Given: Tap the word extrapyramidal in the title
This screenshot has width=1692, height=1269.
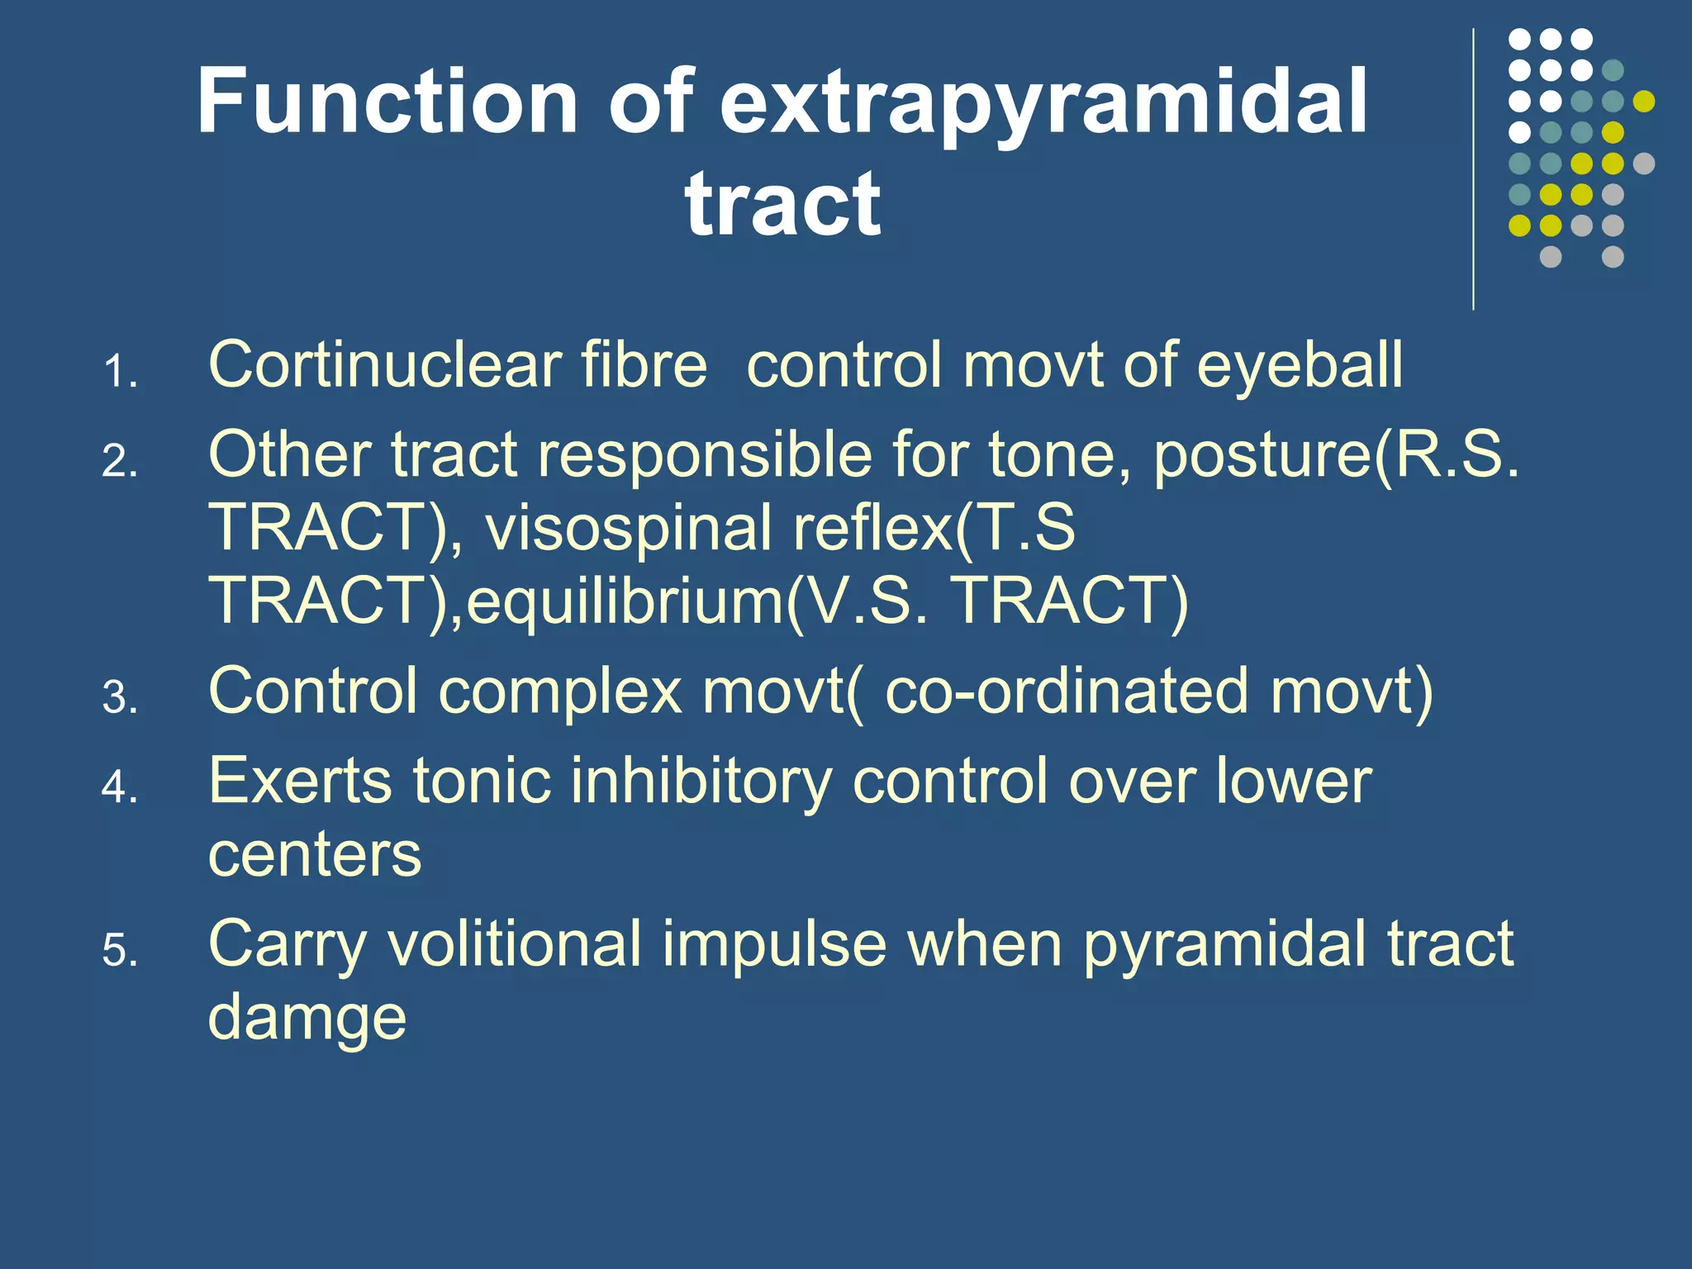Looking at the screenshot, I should tap(1044, 103).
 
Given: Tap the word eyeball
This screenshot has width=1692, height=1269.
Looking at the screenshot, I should tap(1299, 366).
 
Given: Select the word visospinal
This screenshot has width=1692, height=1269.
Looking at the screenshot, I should tap(628, 528).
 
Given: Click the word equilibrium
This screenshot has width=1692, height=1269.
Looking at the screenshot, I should tap(625, 601).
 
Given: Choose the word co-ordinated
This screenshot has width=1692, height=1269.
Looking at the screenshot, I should tap(1066, 691).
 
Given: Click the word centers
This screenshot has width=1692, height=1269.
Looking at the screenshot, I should tap(315, 854).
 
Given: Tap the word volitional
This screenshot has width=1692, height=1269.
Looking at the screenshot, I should tap(515, 943).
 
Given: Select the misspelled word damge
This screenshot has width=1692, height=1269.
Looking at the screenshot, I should tap(307, 1019).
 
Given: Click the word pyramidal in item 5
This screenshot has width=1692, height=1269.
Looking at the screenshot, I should tap(1224, 943).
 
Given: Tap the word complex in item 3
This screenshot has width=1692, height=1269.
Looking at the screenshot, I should tap(559, 691).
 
